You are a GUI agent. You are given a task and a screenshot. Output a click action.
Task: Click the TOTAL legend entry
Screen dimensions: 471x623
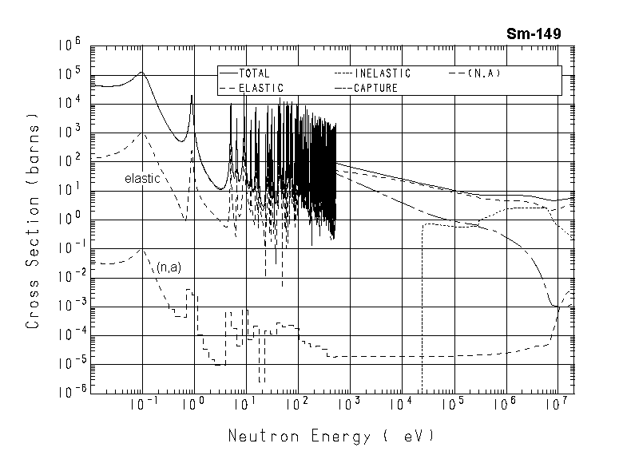254,73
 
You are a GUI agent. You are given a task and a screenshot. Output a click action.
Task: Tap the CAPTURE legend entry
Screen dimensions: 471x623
375,87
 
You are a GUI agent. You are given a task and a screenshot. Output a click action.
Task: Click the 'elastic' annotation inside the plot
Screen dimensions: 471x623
142,179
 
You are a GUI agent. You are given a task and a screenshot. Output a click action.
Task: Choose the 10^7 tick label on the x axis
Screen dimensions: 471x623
557,405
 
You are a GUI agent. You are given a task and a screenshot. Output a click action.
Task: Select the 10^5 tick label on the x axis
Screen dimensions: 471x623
453,405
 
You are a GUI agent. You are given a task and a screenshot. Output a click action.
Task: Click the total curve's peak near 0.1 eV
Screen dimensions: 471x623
141,73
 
